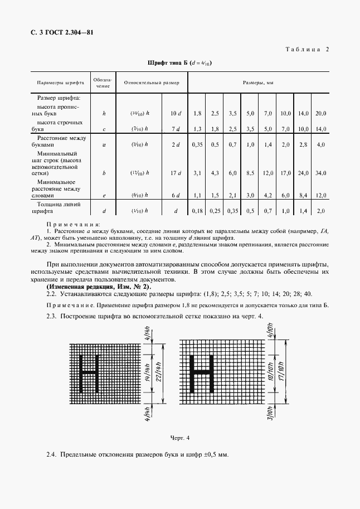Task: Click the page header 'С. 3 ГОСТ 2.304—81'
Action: pyautogui.click(x=61, y=32)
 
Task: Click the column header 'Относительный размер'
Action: pyautogui.click(x=152, y=82)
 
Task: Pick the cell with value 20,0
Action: pyautogui.click(x=320, y=113)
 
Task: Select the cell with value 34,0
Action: pyautogui.click(x=320, y=173)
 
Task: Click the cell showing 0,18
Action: pyautogui.click(x=197, y=212)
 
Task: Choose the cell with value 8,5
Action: pyautogui.click(x=250, y=173)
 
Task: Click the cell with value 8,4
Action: pyautogui.click(x=303, y=196)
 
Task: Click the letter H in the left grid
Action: pyautogui.click(x=89, y=372)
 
